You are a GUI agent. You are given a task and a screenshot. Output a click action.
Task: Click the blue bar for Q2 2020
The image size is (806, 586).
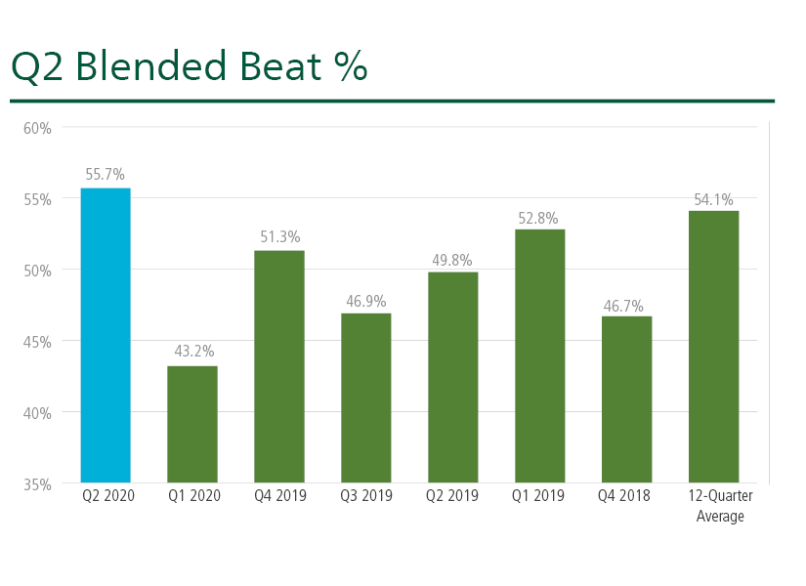(x=106, y=335)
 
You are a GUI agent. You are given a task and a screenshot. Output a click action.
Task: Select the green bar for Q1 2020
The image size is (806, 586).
(x=192, y=424)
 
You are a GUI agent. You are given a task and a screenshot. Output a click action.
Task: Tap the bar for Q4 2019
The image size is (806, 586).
(x=279, y=366)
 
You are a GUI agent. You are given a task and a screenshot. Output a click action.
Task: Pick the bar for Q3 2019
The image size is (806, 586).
(x=366, y=398)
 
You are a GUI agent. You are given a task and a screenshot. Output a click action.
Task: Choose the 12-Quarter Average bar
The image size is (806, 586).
(x=713, y=347)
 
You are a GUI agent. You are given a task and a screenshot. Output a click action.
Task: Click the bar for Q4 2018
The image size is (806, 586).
(x=626, y=399)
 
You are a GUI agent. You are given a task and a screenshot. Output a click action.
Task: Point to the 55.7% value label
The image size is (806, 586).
(x=105, y=174)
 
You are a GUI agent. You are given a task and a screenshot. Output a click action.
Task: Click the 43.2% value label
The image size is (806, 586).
(x=194, y=351)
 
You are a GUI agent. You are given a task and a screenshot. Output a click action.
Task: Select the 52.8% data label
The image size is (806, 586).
(x=538, y=219)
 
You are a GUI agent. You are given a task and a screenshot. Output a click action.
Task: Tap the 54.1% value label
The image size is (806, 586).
(x=713, y=199)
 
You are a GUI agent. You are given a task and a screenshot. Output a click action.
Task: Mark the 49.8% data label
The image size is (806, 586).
(x=451, y=260)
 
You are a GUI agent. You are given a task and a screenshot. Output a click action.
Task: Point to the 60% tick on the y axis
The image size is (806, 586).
(x=37, y=128)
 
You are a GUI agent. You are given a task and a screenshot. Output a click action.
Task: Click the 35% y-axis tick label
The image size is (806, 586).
(x=37, y=484)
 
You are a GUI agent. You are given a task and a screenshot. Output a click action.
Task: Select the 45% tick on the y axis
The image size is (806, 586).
(x=37, y=342)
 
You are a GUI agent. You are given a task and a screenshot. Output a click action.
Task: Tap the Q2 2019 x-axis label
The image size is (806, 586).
(x=451, y=495)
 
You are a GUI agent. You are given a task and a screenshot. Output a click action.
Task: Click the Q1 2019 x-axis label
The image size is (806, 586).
(x=538, y=495)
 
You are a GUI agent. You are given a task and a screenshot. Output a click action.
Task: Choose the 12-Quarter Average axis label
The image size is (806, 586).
(x=720, y=506)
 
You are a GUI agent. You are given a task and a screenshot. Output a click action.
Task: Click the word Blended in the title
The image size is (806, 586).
(x=151, y=65)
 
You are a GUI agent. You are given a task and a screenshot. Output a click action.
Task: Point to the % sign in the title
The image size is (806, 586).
(x=351, y=65)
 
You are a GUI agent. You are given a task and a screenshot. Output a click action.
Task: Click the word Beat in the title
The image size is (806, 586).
(x=280, y=65)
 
